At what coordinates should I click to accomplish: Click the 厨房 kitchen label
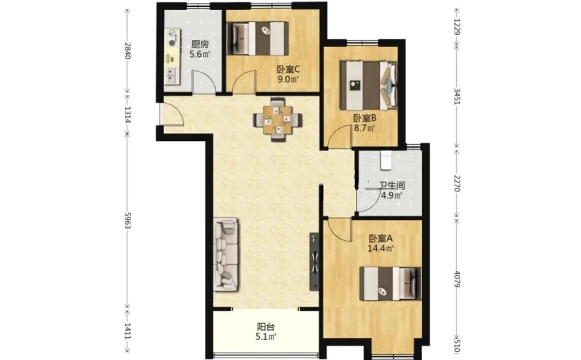pyautogui.click(x=200, y=44)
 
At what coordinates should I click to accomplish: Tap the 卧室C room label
pyautogui.click(x=288, y=69)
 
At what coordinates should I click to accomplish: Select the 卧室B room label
pyautogui.click(x=365, y=119)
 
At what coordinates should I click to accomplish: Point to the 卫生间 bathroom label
pyautogui.click(x=391, y=186)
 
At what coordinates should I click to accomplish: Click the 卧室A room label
pyautogui.click(x=380, y=238)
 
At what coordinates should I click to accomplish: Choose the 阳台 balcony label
pyautogui.click(x=266, y=328)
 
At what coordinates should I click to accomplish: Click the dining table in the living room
pyautogui.click(x=277, y=119)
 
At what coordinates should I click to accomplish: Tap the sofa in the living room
pyautogui.click(x=226, y=255)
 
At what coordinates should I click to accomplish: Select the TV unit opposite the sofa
pyautogui.click(x=314, y=262)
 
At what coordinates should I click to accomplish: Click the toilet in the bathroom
pyautogui.click(x=386, y=160)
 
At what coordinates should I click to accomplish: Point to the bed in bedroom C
pyautogui.click(x=258, y=39)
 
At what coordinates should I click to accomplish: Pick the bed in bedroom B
pyautogui.click(x=369, y=85)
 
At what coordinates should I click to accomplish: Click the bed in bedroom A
pyautogui.click(x=390, y=283)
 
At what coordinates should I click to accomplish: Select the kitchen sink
pyautogui.click(x=172, y=74)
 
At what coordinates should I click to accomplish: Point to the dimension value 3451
pyautogui.click(x=457, y=97)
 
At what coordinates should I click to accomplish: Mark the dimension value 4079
pyautogui.click(x=457, y=279)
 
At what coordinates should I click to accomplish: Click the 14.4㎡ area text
pyautogui.click(x=380, y=248)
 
